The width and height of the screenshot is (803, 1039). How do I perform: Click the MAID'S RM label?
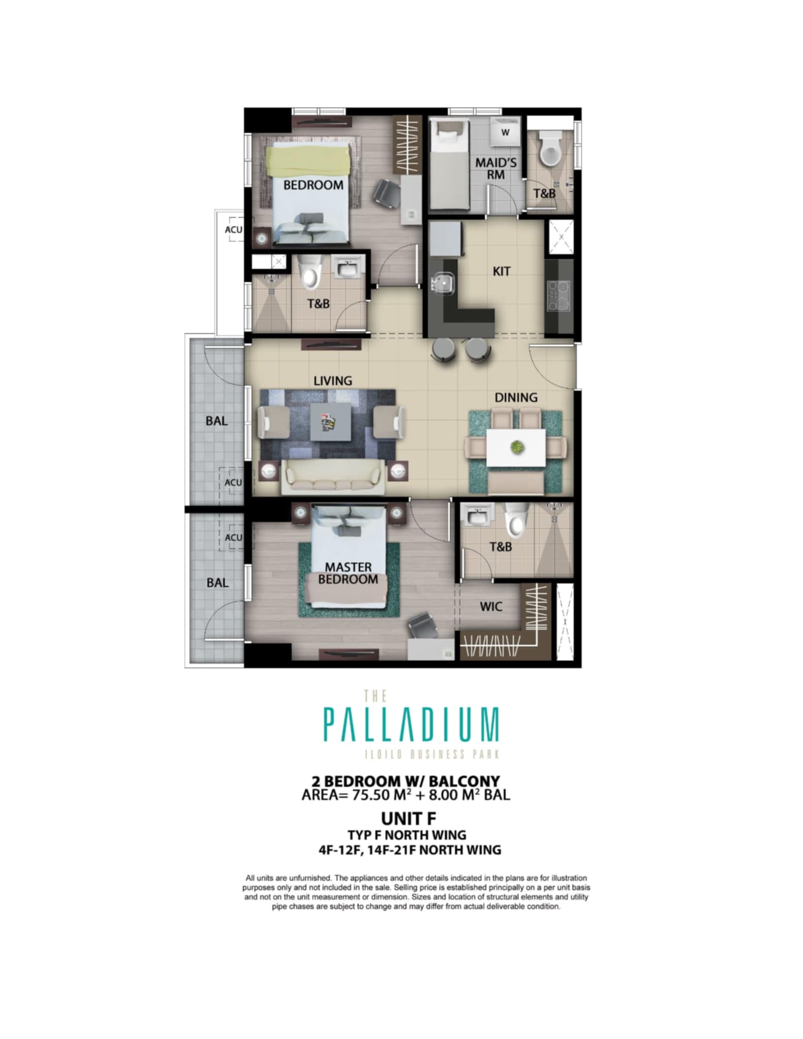pos(496,168)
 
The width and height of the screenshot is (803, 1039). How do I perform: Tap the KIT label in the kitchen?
pos(501,271)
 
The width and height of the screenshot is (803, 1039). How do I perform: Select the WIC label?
pos(491,606)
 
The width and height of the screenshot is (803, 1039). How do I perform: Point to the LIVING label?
pos(333,380)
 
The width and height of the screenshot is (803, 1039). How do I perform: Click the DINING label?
pos(516,397)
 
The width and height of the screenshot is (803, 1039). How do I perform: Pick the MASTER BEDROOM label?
pos(348,573)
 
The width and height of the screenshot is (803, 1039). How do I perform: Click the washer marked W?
pos(505,132)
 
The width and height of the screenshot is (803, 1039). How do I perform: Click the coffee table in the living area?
pos(331,422)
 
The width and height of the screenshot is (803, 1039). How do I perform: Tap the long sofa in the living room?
pos(331,477)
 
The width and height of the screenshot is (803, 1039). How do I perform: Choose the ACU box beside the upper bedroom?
pos(234,230)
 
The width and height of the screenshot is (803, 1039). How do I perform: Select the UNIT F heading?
pos(408,818)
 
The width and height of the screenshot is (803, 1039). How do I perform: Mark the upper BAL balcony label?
pos(217,421)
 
